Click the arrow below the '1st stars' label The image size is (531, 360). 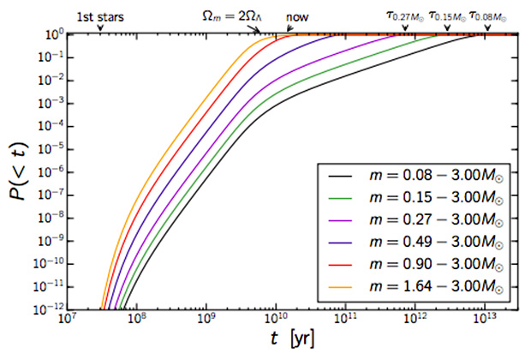(x=100, y=28)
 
